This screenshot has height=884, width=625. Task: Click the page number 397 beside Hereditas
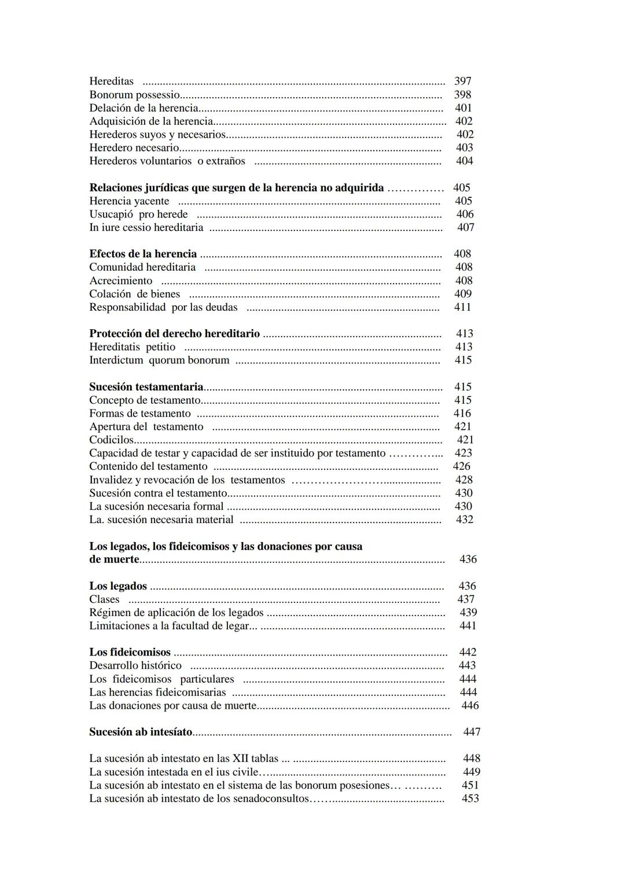coord(462,81)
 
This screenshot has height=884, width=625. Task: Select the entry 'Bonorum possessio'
coord(134,94)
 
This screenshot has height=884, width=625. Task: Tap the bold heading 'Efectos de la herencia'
coord(143,254)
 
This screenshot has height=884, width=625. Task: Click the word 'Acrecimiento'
coord(120,281)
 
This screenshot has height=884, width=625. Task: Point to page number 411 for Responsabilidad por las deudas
coord(462,307)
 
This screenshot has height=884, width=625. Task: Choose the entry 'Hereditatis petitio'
coord(132,347)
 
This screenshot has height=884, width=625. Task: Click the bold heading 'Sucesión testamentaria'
coord(146,387)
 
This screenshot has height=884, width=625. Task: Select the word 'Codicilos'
coord(111,440)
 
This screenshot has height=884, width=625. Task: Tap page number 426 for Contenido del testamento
coord(461,466)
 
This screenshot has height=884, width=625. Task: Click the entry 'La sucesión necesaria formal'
coord(156,506)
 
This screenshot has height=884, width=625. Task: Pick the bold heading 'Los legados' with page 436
coord(118,586)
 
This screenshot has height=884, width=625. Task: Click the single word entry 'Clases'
coord(104,599)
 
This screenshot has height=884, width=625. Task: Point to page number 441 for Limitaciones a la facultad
coord(468,626)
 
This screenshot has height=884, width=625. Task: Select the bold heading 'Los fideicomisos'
coord(130,653)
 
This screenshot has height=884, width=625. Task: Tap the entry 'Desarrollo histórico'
coord(135,666)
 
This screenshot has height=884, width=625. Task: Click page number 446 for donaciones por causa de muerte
coord(470,706)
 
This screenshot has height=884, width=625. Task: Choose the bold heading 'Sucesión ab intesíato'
coord(141,732)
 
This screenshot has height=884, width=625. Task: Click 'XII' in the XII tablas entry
coord(240,758)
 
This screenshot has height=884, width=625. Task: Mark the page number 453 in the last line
coord(470,798)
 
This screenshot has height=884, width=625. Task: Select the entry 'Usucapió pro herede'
coord(138,214)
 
